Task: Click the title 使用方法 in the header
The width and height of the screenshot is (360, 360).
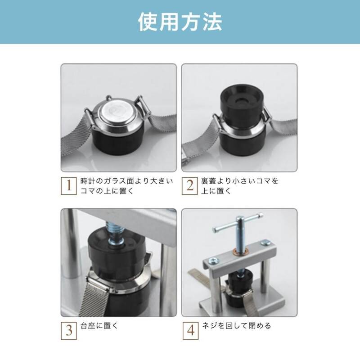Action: click(x=180, y=22)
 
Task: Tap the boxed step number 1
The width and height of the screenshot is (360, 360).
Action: click(x=69, y=186)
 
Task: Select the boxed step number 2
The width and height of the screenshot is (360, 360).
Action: click(x=189, y=186)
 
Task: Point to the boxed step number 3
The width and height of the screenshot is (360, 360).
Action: click(x=69, y=331)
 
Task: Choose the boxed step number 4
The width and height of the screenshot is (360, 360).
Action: click(x=190, y=331)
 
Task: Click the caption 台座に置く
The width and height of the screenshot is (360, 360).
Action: click(x=99, y=325)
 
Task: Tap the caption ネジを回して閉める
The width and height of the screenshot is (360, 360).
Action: click(x=237, y=325)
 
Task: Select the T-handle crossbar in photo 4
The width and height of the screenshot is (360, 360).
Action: click(x=238, y=222)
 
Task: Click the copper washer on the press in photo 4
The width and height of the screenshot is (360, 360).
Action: click(x=239, y=251)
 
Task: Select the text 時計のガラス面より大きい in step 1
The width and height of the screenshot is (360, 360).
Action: click(x=126, y=181)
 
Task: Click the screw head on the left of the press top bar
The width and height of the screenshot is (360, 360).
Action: click(x=212, y=261)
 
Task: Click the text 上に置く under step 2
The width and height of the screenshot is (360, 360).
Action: click(x=216, y=191)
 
